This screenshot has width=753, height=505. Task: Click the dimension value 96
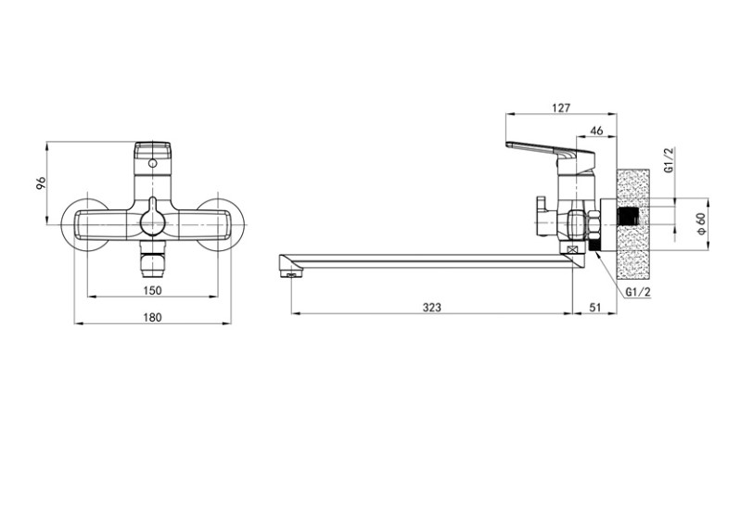point(42,183)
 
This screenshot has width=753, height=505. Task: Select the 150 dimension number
point(153,290)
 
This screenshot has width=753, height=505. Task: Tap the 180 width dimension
point(153,317)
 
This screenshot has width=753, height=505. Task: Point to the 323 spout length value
point(432,308)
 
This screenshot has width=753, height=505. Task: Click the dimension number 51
point(595,308)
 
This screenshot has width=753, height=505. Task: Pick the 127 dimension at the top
point(561,108)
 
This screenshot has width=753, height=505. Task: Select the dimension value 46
point(596,131)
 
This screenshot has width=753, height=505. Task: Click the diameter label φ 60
point(702,223)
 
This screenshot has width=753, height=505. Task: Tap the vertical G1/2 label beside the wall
point(670,160)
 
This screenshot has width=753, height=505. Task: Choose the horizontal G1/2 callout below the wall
point(639,292)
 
